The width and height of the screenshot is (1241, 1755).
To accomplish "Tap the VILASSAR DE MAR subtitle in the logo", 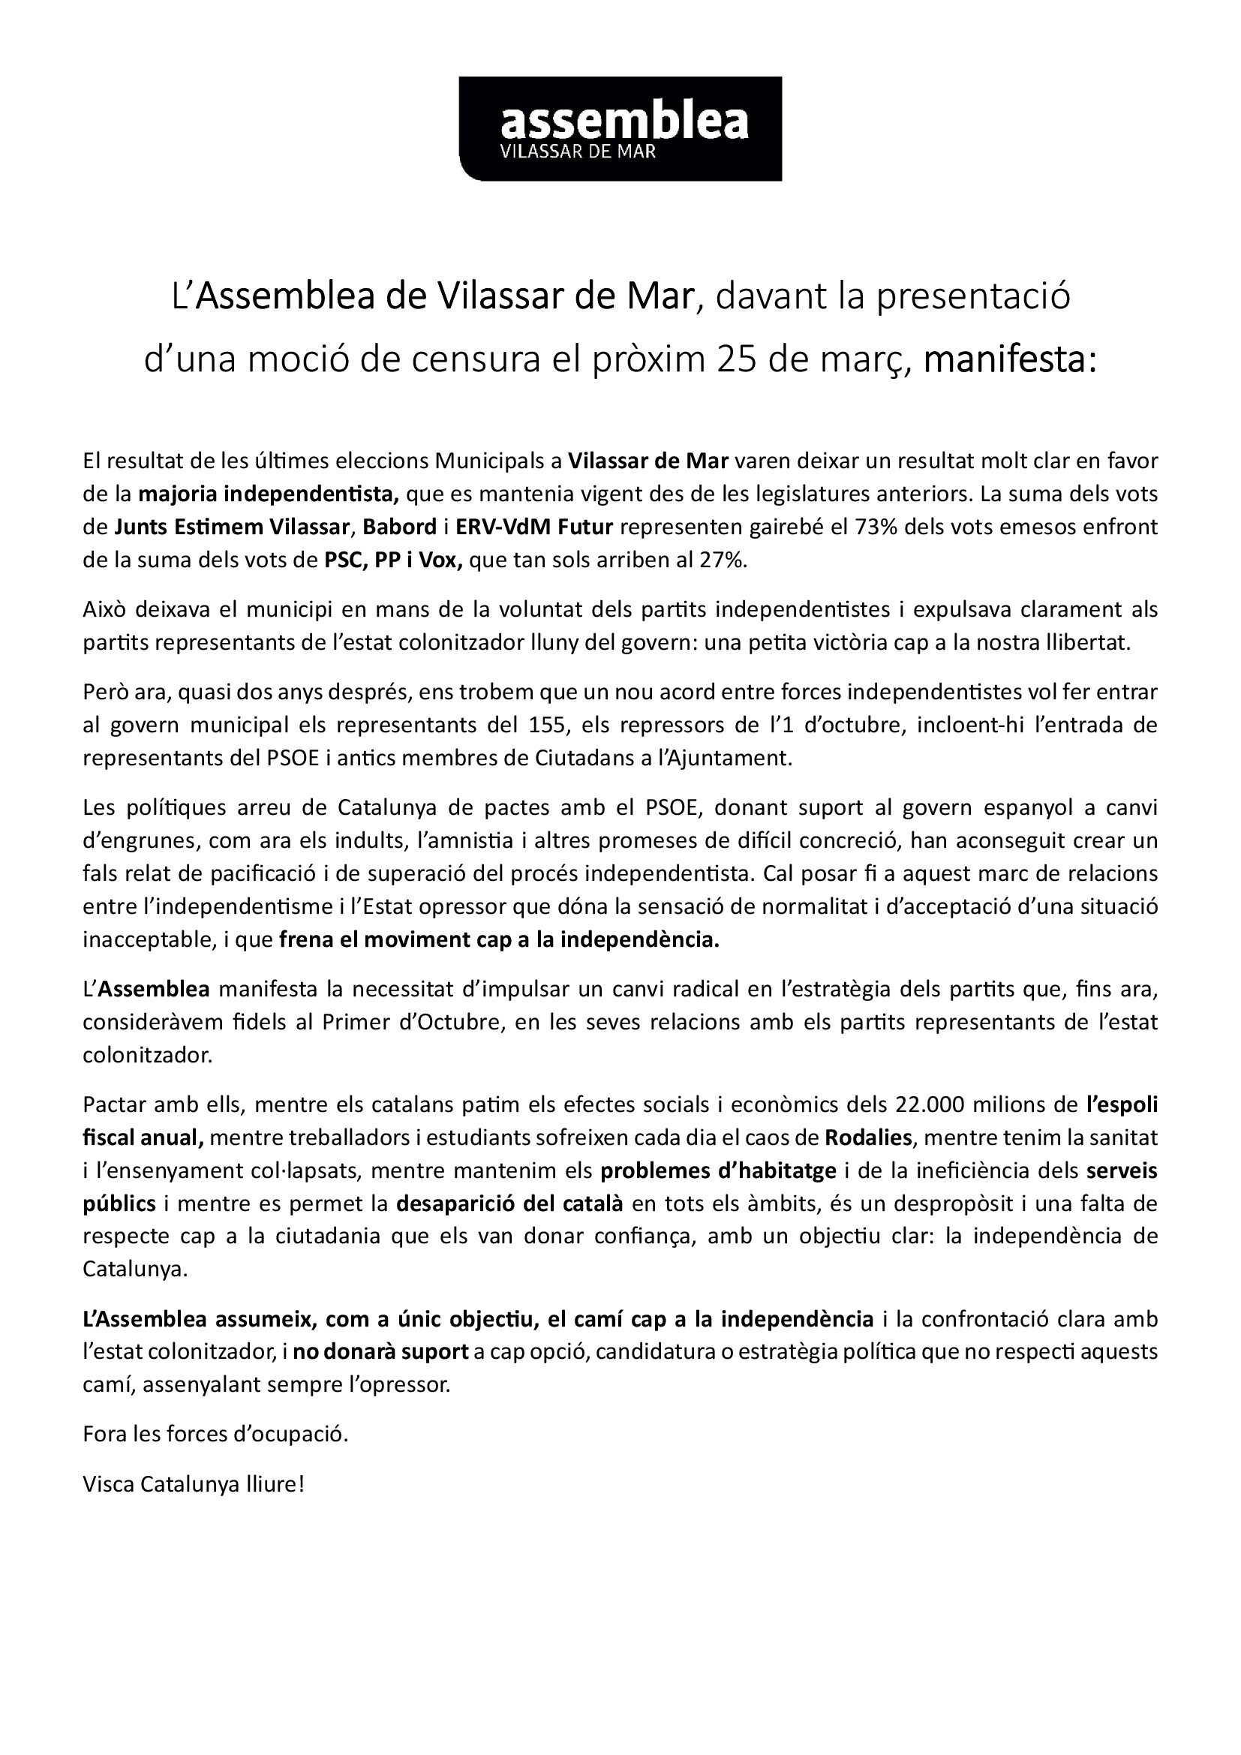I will click(577, 152).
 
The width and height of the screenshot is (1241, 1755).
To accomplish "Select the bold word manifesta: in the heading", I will click(1009, 360).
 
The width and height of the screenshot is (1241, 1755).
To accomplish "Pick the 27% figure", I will click(721, 560).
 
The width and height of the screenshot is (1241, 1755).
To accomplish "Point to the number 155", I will click(545, 725).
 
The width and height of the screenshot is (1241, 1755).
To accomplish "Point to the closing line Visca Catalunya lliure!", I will click(194, 1484).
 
